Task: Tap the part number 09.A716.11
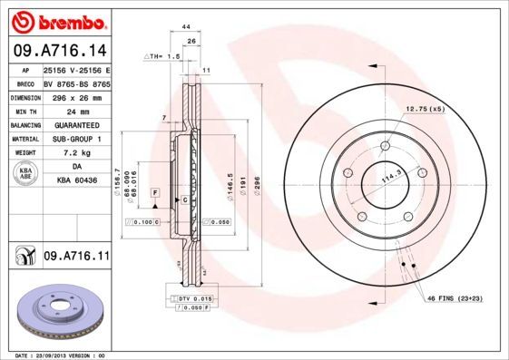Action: [75, 258]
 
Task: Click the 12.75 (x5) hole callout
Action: [425, 110]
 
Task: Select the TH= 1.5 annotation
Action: [163, 55]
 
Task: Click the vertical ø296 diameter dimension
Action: [257, 185]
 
